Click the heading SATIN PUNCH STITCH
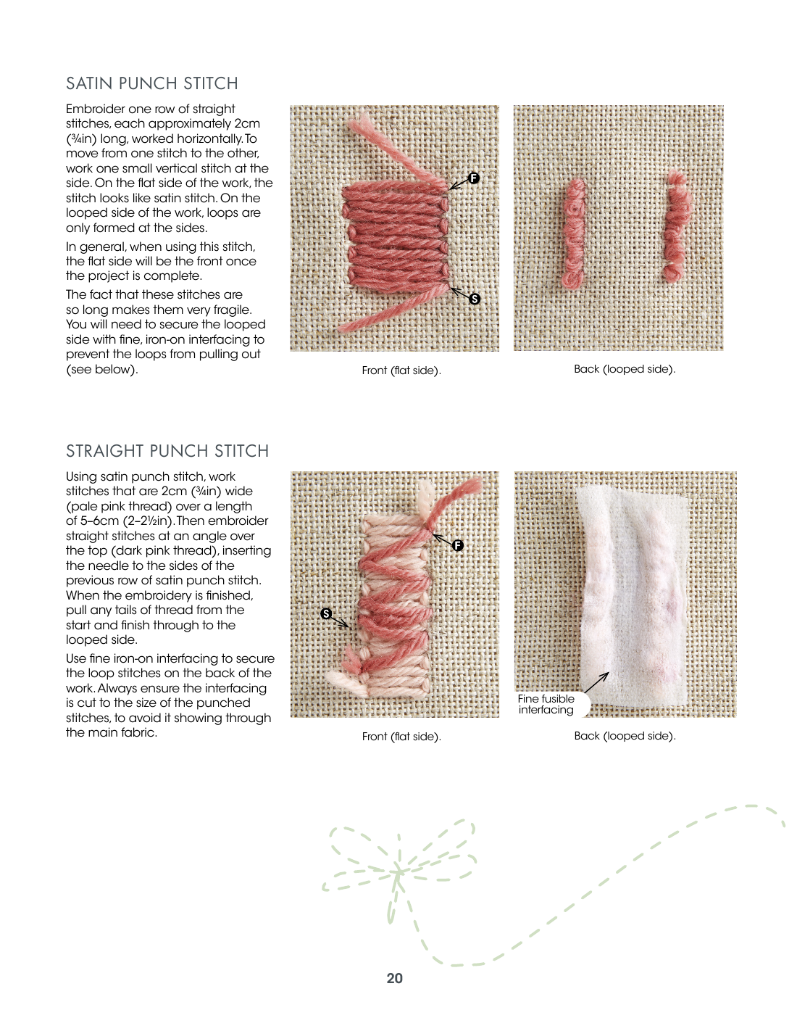152,83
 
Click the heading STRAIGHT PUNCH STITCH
167,451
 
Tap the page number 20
394,978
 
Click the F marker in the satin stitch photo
474,178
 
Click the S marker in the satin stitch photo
475,299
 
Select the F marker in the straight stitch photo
458,545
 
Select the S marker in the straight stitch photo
326,613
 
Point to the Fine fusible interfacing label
546,704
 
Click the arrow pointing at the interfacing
596,682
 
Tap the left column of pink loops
574,233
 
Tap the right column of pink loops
677,226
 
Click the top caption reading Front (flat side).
401,370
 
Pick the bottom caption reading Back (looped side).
625,736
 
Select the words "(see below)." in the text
101,369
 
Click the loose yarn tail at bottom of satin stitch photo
377,315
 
